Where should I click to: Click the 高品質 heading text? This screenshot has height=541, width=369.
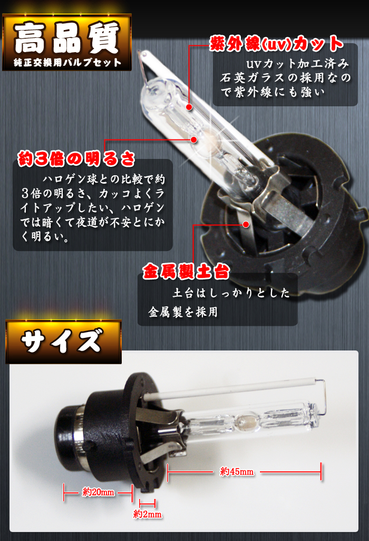click(67, 38)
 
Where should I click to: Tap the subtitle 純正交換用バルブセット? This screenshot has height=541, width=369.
click(67, 63)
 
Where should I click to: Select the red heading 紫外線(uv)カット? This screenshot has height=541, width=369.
click(276, 44)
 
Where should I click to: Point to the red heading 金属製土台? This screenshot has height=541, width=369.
click(186, 271)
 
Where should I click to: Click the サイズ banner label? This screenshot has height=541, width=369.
click(62, 340)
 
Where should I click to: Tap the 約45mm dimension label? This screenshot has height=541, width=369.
click(237, 472)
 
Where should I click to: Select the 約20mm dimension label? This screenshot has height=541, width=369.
click(98, 492)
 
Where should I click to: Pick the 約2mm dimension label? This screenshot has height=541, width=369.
click(148, 515)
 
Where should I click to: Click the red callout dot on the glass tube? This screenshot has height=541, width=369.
click(189, 107)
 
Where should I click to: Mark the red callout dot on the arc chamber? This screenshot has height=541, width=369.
click(194, 140)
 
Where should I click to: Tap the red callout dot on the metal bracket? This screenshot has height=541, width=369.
click(246, 224)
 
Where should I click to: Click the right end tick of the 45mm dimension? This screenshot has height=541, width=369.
click(322, 472)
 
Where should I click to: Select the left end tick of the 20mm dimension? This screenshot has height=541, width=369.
click(64, 493)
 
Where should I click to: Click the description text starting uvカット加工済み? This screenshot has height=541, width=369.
click(285, 78)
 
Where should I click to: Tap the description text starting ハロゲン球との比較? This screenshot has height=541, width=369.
click(93, 208)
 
